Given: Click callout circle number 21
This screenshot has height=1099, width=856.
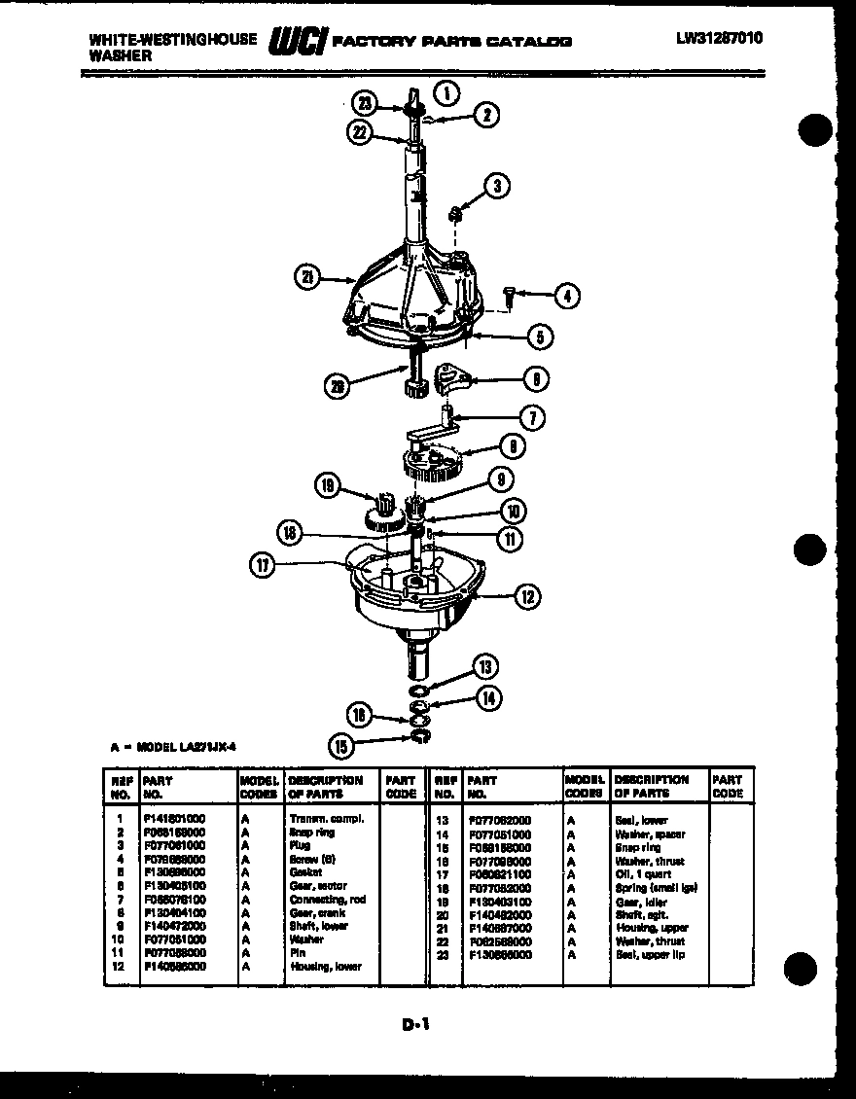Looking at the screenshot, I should (x=307, y=278).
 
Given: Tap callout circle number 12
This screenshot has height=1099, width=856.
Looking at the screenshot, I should (x=526, y=596).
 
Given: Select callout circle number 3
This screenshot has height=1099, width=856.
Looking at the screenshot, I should (x=497, y=185).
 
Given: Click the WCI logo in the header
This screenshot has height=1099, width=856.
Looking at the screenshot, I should (x=299, y=42).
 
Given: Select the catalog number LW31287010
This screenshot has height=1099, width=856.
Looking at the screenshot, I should (x=720, y=39).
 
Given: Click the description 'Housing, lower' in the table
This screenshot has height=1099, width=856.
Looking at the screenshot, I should (x=325, y=966).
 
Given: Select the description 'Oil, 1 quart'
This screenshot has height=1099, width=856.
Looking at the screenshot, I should (x=643, y=874).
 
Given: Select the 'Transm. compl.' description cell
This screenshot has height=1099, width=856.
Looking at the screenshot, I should (x=327, y=819).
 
